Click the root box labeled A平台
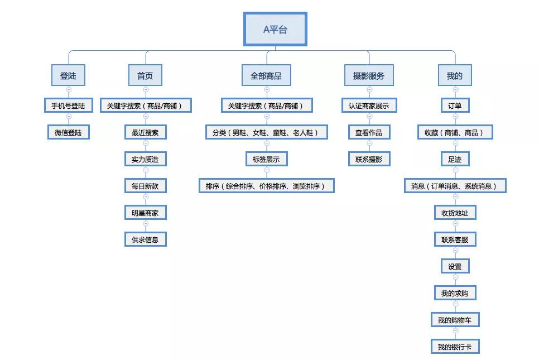(275, 29)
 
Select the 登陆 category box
(68, 75)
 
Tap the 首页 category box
(145, 75)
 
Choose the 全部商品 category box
(266, 75)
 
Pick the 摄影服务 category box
(369, 75)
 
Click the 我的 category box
(455, 75)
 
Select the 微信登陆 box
(69, 132)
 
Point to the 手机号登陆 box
(69, 105)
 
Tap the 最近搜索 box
(146, 132)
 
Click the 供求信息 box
(146, 239)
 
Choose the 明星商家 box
(146, 213)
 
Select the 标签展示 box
(266, 159)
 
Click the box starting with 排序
(266, 186)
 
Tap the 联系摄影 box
(369, 159)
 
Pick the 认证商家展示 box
(369, 105)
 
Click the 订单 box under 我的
(455, 105)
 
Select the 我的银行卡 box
(455, 347)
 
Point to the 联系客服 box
(455, 239)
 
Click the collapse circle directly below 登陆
(69, 90)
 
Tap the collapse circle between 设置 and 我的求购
(455, 277)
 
